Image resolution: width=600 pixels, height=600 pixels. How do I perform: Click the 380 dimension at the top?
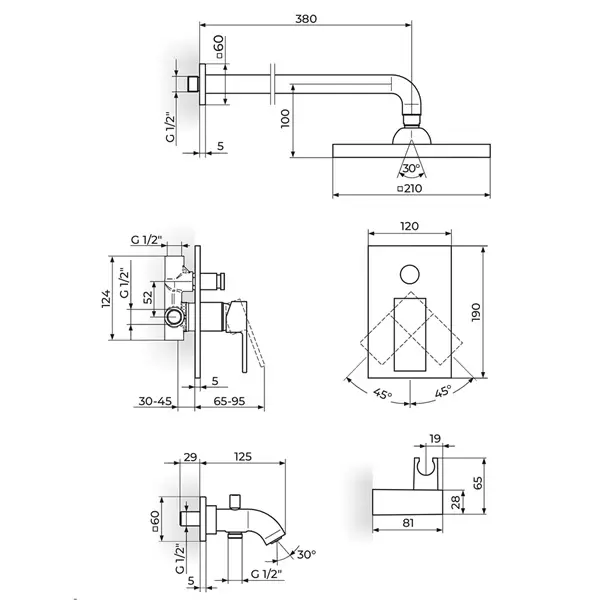pos(306,19)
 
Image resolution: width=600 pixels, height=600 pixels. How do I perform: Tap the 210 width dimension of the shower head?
pos(410,188)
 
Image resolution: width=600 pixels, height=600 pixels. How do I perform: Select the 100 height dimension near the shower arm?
pos(285,119)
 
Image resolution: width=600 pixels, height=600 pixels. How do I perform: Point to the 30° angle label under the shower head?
pos(412,168)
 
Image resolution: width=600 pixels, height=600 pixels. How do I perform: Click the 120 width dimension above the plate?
pos(409,226)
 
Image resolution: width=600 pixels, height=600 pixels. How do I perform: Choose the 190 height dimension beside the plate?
pos(476,312)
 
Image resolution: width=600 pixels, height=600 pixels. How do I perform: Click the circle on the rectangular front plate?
pos(410,274)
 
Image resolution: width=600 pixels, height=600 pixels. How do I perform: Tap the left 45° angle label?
pos(383,393)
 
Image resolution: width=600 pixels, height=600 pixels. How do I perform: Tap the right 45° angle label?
pos(443,391)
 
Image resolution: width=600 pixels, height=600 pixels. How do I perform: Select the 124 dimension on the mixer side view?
pos(106,298)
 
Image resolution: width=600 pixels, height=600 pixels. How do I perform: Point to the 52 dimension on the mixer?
pos(148,297)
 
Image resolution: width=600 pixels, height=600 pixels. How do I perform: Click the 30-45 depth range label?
pos(155,401)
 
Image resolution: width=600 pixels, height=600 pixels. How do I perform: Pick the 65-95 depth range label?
pos(229,401)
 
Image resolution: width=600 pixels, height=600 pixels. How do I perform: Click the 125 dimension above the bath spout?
pos(243,457)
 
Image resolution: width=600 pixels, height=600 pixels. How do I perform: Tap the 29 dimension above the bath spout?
pos(190,457)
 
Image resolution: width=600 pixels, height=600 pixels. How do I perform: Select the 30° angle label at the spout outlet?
pos(307,554)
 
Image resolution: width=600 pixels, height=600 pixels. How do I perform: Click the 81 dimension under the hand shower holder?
pos(408,523)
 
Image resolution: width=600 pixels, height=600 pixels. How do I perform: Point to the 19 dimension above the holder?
pos(435,439)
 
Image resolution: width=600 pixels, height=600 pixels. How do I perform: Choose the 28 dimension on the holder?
pos(456,502)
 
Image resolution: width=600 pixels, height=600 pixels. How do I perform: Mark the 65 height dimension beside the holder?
pos(478,483)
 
